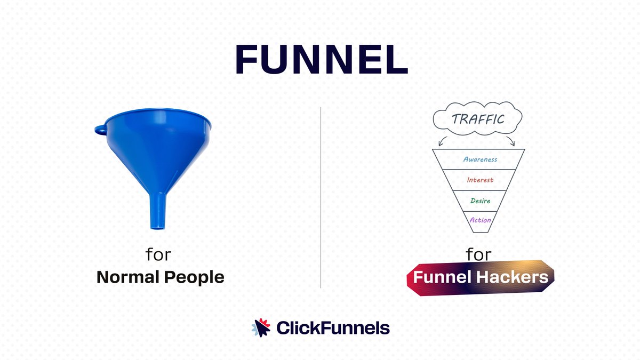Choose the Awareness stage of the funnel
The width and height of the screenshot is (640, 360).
coord(480,159)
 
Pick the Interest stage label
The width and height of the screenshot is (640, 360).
coord(480,180)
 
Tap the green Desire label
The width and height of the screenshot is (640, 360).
coord(480,201)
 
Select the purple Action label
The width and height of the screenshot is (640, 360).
coord(480,220)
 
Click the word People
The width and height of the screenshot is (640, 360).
coord(194,278)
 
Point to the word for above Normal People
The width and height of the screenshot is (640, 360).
coord(158,254)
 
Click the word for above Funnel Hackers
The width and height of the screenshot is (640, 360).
coord(478,254)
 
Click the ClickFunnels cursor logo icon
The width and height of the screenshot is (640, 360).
coord(261,327)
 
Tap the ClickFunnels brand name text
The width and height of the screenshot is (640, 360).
coord(333,328)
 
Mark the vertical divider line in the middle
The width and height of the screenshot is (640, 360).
coord(321,197)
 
